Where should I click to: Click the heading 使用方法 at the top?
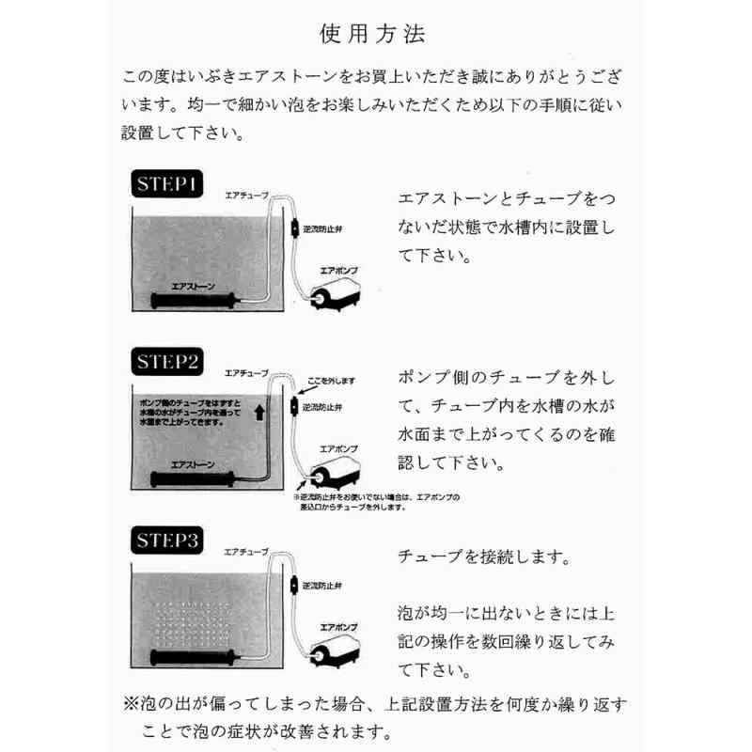376,36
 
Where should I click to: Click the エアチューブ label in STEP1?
246,195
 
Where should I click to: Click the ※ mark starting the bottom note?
130,703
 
